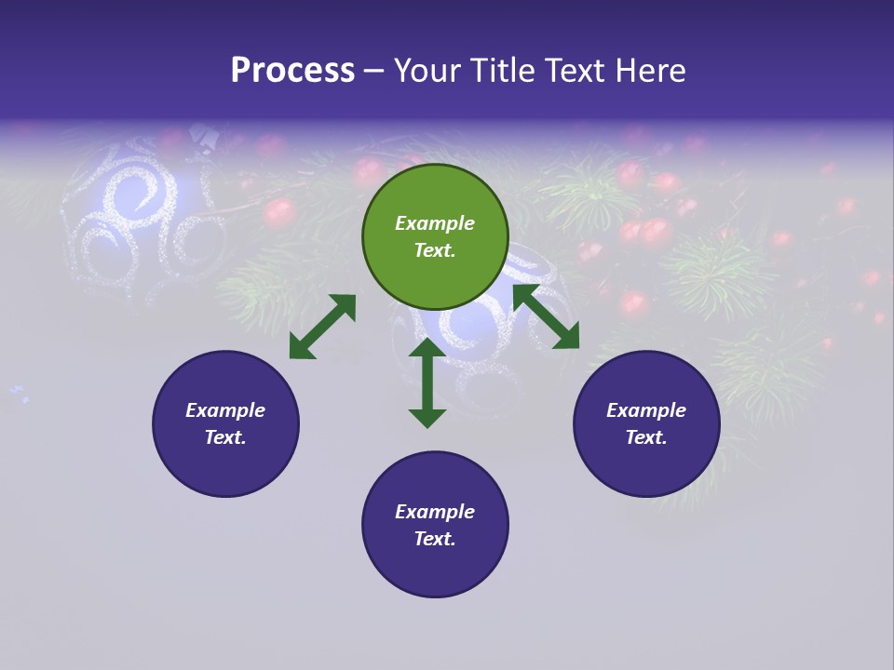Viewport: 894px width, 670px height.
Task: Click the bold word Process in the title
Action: [x=292, y=71]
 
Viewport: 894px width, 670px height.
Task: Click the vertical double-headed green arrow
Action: [x=427, y=382]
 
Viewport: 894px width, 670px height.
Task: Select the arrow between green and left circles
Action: [x=322, y=327]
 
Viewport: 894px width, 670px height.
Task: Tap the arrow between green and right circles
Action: [x=546, y=316]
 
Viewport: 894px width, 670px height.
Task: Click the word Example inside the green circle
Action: [x=435, y=223]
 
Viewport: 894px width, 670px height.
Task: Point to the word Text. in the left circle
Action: [x=225, y=437]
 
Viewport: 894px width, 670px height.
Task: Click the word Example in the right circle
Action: [x=646, y=410]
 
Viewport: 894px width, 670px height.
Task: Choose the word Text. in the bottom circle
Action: [x=435, y=539]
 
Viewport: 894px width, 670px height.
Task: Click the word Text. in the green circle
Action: [x=435, y=250]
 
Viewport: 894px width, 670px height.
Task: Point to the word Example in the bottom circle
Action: [x=435, y=512]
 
